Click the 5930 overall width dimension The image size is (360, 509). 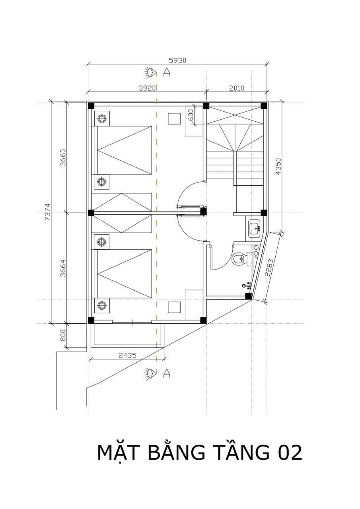[x=177, y=60]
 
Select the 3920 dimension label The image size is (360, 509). [x=147, y=88]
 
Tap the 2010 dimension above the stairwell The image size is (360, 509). [x=236, y=88]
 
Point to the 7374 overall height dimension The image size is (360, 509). [x=47, y=212]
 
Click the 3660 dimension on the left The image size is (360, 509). [x=63, y=157]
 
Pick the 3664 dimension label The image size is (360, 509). [x=63, y=268]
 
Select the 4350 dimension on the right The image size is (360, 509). [x=278, y=167]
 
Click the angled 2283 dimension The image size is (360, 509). [x=270, y=268]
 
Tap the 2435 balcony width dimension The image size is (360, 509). [x=128, y=355]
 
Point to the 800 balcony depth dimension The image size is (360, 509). [x=63, y=335]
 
